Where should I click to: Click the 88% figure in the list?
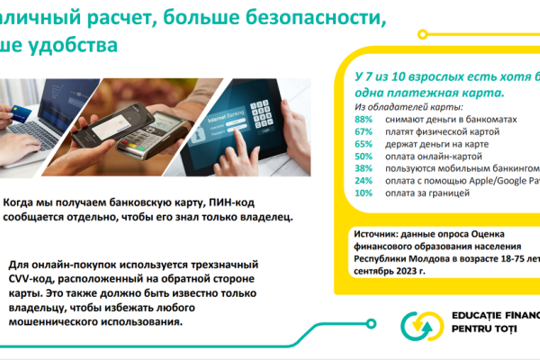click(x=364, y=119)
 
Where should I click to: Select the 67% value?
click(x=364, y=131)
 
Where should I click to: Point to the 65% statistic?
click(x=364, y=143)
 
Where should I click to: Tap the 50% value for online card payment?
click(x=364, y=156)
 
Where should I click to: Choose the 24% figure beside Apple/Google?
click(x=364, y=180)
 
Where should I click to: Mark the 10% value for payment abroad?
click(x=364, y=193)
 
